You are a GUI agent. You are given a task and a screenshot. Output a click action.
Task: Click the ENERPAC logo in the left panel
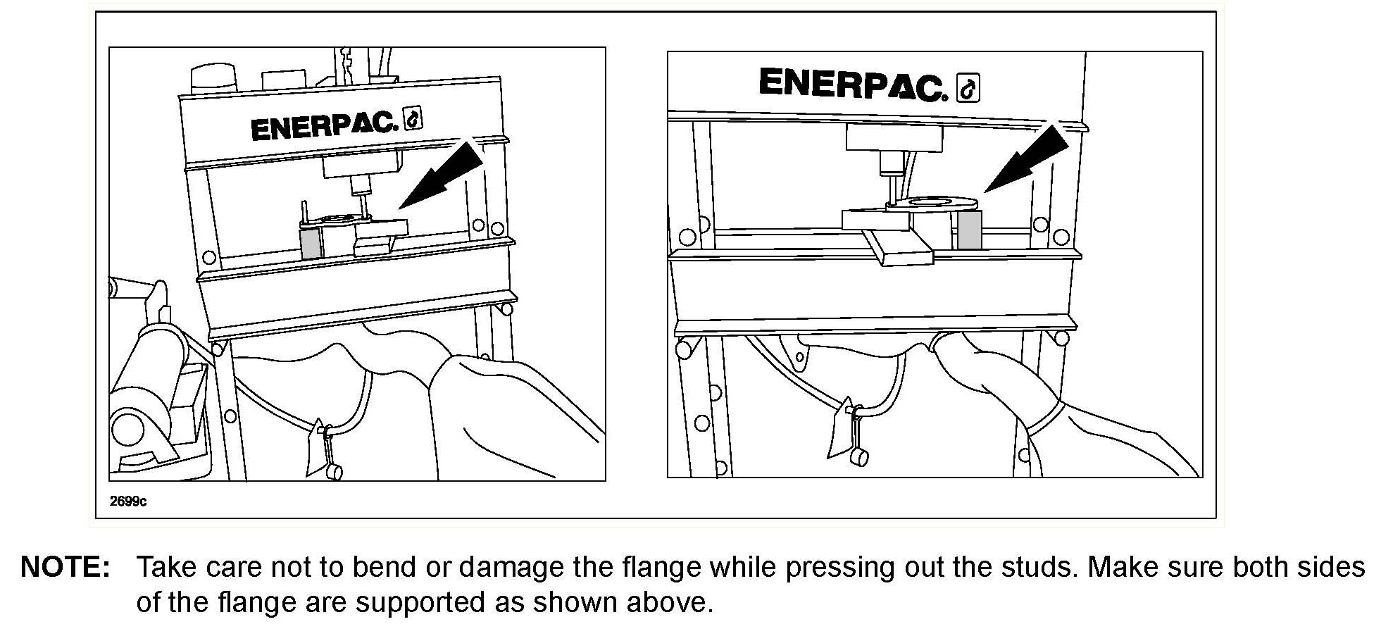click(324, 127)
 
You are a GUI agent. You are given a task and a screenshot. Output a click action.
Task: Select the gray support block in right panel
click(970, 230)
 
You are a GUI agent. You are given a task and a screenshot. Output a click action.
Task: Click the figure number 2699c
click(128, 501)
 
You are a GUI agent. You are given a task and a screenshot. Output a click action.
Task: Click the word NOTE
click(65, 567)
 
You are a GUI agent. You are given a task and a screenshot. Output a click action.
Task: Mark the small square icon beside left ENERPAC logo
click(413, 120)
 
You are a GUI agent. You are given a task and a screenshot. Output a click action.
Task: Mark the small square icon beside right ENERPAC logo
click(968, 89)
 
